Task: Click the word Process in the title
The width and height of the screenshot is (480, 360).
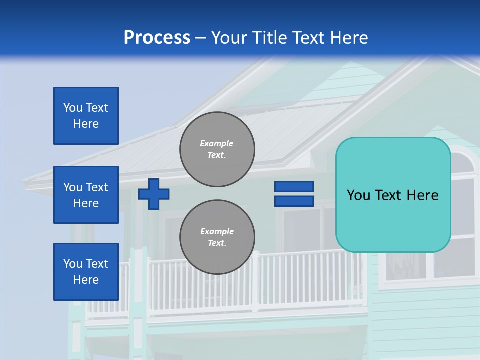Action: (157, 38)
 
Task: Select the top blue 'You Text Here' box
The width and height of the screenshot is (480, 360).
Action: (86, 116)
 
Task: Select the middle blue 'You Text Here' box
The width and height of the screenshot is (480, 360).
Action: (86, 195)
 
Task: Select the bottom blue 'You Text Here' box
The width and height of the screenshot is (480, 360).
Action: (86, 272)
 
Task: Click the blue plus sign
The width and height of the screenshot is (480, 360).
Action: (154, 194)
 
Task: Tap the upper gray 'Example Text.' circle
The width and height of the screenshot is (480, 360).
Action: (217, 149)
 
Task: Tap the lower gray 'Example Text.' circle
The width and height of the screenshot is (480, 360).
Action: (217, 237)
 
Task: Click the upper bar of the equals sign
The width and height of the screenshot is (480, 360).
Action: (294, 187)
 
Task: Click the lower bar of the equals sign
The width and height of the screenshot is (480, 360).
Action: (294, 201)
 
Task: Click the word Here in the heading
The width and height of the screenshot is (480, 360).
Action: (349, 38)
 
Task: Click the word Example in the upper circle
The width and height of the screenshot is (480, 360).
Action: (217, 144)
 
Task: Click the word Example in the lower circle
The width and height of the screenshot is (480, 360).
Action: (217, 232)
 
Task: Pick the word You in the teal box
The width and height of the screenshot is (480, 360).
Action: (358, 195)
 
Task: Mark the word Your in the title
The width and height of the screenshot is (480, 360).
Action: (230, 38)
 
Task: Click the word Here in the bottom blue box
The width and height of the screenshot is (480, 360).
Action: (86, 280)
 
